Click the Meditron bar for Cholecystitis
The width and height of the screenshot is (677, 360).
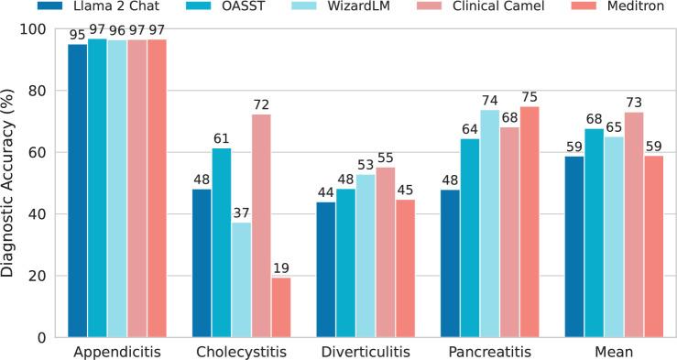click(280, 307)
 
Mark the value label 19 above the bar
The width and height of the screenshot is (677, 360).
click(280, 269)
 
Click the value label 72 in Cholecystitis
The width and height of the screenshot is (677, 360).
click(261, 106)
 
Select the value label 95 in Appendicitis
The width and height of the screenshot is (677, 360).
click(78, 36)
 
